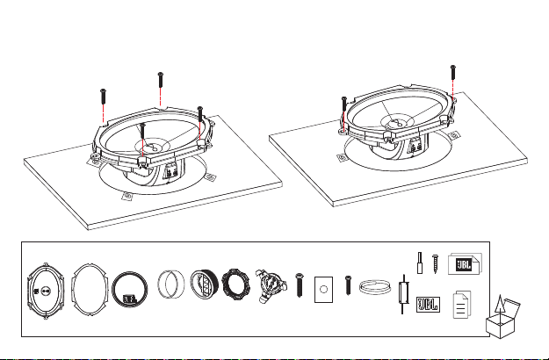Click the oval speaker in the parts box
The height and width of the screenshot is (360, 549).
pyautogui.click(x=46, y=291)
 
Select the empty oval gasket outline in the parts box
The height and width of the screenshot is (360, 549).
pyautogui.click(x=73, y=291)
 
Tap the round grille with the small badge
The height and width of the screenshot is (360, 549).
pyautogui.click(x=129, y=290)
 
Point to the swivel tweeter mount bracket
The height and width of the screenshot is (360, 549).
pyautogui.click(x=271, y=286)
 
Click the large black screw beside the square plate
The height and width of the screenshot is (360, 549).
pyautogui.click(x=300, y=285)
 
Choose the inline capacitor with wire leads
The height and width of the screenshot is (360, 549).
pyautogui.click(x=403, y=294)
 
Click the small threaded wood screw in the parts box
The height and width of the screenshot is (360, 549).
pyautogui.click(x=435, y=263)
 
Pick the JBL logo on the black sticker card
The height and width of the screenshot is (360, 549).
pyautogui.click(x=463, y=265)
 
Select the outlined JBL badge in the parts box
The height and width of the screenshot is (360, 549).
pyautogui.click(x=428, y=305)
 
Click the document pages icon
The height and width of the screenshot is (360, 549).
pyautogui.click(x=462, y=305)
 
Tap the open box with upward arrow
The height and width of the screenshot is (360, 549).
pyautogui.click(x=502, y=318)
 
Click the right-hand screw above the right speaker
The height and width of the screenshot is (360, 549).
pyautogui.click(x=453, y=72)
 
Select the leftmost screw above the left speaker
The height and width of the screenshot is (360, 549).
pyautogui.click(x=103, y=97)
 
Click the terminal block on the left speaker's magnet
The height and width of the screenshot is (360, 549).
pyautogui.click(x=170, y=172)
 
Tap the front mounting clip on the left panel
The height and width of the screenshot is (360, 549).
pyautogui.click(x=127, y=197)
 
